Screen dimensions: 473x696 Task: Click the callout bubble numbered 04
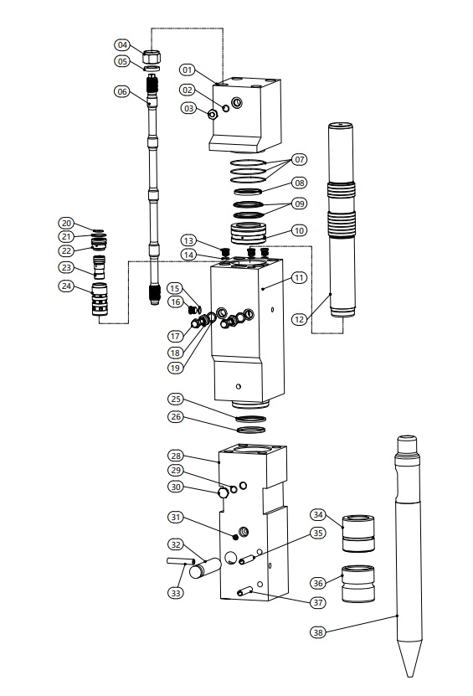click(122, 45)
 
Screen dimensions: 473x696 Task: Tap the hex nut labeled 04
click(152, 56)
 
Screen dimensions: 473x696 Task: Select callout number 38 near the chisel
click(317, 632)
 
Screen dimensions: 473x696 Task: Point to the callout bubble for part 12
click(300, 319)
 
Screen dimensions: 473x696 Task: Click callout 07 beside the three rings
click(300, 159)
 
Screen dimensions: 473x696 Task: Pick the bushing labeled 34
click(358, 533)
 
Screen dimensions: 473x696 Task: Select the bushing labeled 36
click(358, 583)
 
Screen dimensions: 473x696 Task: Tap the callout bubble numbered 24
click(66, 286)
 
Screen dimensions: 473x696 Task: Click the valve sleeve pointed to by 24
click(100, 299)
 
